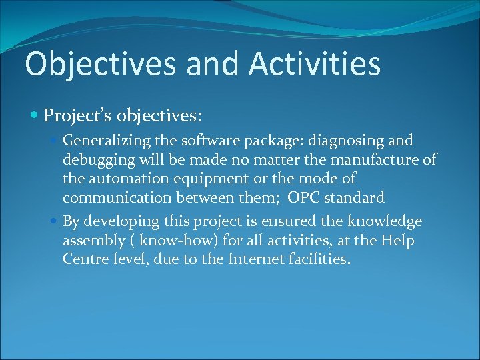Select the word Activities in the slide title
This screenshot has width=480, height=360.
[315, 65]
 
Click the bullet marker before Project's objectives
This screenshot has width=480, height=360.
[35, 116]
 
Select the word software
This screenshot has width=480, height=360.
[202, 141]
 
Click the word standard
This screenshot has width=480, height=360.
[354, 198]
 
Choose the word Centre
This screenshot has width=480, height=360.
[85, 259]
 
